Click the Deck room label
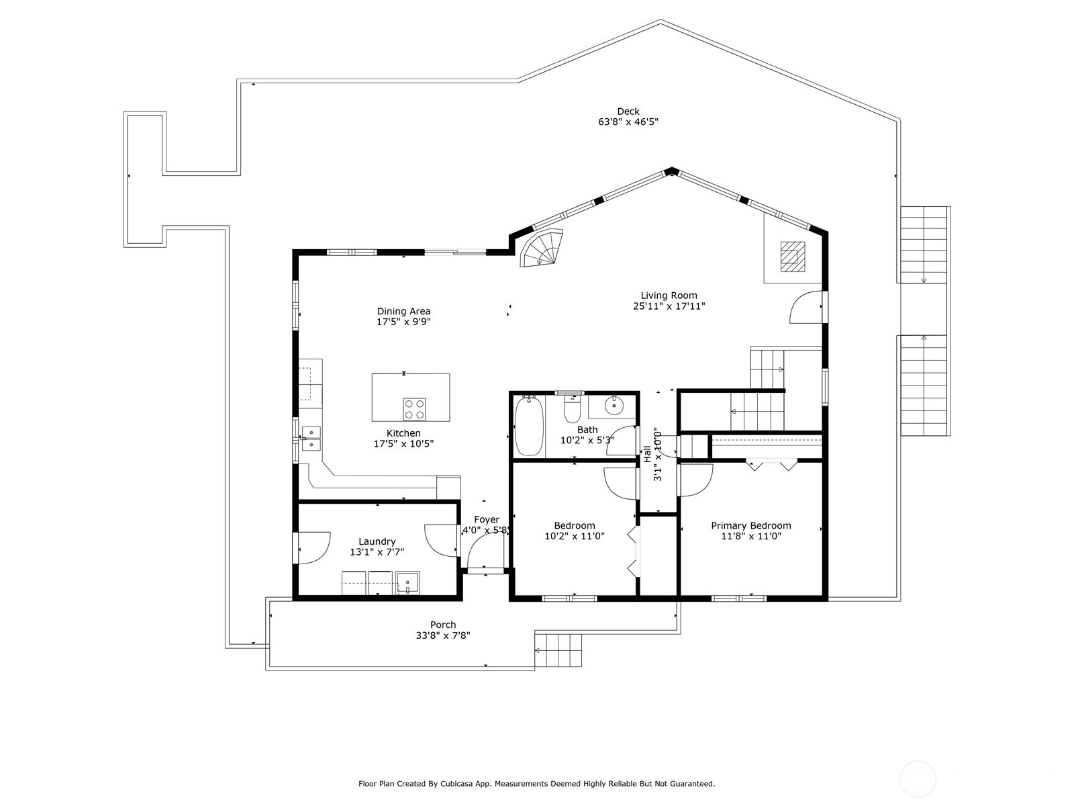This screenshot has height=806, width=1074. pos(628,111)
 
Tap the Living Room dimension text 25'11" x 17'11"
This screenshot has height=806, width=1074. pos(669,306)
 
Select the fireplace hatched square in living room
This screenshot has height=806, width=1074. pos(792,256)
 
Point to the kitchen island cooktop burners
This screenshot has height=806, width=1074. pos(414,408)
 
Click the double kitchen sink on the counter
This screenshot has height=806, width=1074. pos(311,438)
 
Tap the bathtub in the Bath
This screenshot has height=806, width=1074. pos(529,426)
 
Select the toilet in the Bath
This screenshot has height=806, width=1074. pos(572,410)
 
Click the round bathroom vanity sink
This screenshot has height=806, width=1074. pos(613,406)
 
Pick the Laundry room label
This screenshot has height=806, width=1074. pos(377,541)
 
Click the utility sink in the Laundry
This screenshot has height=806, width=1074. pos(407,582)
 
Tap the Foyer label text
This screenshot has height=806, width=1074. pos(487,519)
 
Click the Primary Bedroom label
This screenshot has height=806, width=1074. pos(750,526)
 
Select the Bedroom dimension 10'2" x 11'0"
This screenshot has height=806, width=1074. pos(575,536)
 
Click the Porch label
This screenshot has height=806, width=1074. pos(443,625)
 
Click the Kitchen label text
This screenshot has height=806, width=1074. pos(403,433)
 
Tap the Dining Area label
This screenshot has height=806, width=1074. pos(403,311)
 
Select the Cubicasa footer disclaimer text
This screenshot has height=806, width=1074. pos(536,783)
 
